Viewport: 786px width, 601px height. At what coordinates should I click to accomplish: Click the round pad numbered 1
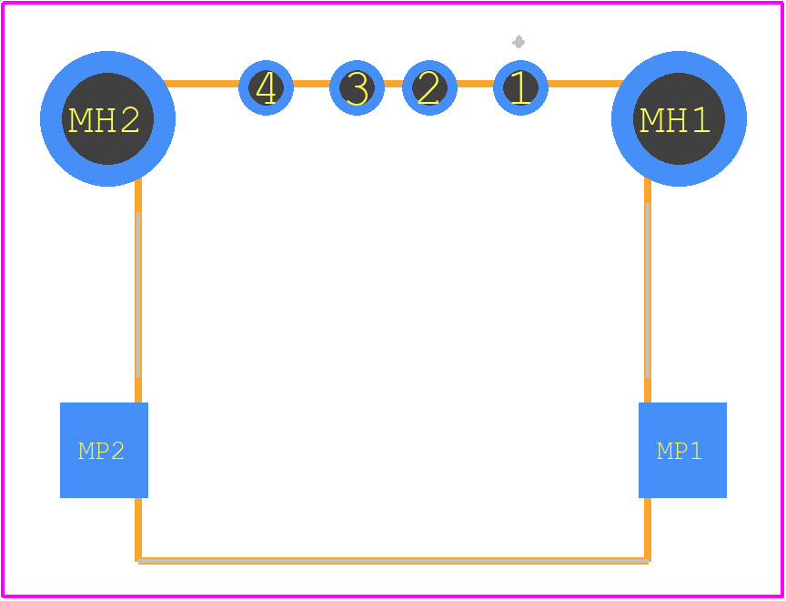(521, 87)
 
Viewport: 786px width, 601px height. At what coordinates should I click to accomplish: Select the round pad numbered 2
(429, 87)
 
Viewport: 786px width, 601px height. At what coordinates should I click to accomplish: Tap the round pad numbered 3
(357, 87)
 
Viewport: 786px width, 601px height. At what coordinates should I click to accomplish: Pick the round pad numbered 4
(266, 87)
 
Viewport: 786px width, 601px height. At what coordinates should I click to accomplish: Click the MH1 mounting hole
(679, 118)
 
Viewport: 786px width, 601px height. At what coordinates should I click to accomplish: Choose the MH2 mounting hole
(107, 118)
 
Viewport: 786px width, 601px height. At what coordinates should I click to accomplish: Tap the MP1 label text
(680, 451)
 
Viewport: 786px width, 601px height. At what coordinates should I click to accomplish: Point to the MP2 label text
(101, 451)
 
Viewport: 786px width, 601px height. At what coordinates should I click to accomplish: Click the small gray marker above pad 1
(519, 42)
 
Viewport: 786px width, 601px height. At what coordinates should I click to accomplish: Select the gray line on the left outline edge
(138, 294)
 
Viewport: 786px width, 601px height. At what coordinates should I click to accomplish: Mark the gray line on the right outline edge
(648, 290)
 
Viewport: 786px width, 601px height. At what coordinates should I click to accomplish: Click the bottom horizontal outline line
(393, 561)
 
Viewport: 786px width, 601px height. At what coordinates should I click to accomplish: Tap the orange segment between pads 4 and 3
(311, 84)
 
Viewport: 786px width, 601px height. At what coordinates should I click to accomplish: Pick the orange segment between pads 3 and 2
(394, 84)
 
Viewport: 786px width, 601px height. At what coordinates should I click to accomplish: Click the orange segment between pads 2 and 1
(475, 84)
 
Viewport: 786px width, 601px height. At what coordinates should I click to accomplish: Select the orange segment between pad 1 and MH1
(586, 84)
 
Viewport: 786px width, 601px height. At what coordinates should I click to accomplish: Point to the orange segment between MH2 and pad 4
(202, 84)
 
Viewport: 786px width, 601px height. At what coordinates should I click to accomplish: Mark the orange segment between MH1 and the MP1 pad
(648, 290)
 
